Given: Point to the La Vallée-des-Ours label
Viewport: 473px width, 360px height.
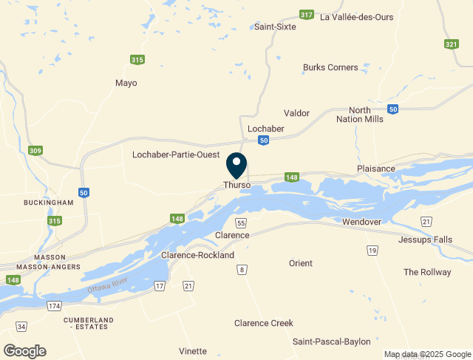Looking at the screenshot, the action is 356,17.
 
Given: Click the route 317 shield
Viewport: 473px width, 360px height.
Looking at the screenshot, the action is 307,14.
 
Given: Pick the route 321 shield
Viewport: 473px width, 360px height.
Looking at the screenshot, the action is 451,44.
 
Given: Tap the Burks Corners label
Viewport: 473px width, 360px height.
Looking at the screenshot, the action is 330,68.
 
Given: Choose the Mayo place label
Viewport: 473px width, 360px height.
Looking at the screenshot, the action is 126,83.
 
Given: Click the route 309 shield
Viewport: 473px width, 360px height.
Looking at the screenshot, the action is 35,151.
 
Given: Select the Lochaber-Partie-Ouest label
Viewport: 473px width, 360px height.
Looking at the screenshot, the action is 174,155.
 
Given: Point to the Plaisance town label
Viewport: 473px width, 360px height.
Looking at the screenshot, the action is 375,169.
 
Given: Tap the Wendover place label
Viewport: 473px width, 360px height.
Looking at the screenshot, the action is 361,222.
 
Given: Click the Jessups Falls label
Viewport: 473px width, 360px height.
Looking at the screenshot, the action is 423,240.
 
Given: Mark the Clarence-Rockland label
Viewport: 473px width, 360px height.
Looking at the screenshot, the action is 197,256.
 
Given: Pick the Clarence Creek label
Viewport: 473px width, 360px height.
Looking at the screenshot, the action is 264,323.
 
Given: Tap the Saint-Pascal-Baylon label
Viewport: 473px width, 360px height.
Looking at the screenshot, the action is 331,342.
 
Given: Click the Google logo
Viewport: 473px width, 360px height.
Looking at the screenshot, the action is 24,351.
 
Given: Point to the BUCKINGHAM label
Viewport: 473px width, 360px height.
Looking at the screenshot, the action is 49,203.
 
